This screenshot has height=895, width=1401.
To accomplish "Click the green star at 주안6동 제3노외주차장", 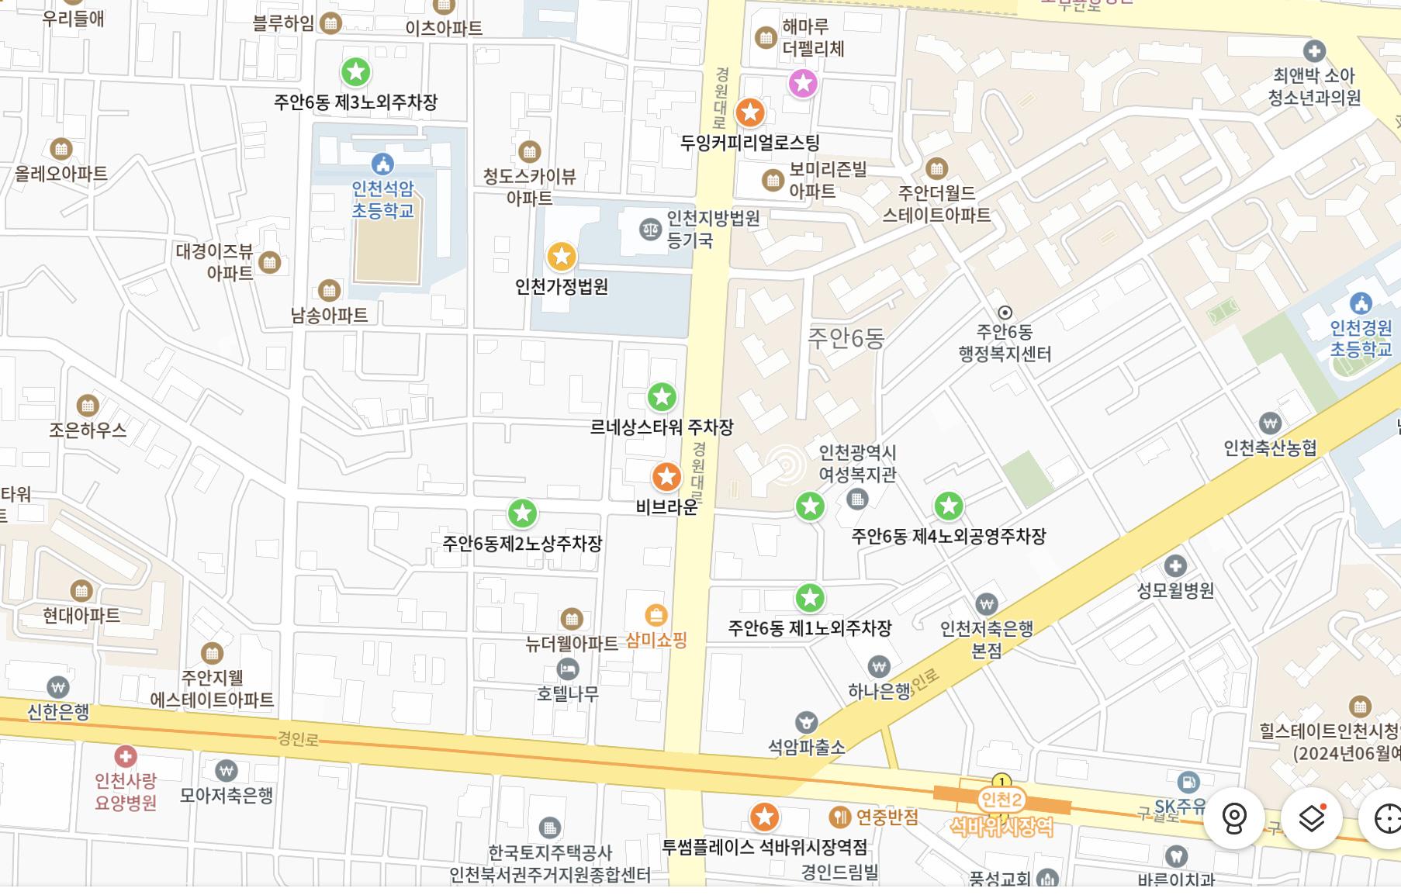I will (x=356, y=72).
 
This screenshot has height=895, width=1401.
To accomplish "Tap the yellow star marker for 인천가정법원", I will (x=561, y=256).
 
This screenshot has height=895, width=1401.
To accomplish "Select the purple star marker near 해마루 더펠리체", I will (x=803, y=83).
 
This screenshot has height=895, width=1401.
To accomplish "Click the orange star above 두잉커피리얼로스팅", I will (x=749, y=113).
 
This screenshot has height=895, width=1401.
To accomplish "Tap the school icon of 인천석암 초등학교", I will (x=382, y=164).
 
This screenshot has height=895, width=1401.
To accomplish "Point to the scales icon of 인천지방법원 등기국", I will (x=649, y=229).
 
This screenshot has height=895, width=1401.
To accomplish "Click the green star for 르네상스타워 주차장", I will (x=662, y=397).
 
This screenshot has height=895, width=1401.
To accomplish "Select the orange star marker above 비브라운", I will (x=666, y=477).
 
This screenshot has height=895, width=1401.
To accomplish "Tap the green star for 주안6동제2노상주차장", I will (x=522, y=513).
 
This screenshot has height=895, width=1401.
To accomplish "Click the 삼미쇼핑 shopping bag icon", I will (x=656, y=616).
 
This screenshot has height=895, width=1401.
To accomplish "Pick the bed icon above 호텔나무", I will (x=568, y=669).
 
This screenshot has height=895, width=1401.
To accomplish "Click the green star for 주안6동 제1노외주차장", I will (x=810, y=598).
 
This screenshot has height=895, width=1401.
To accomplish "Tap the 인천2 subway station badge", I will (x=1001, y=800).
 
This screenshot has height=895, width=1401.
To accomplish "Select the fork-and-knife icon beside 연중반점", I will (x=840, y=817).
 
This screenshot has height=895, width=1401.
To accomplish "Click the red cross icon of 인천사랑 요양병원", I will (x=125, y=756).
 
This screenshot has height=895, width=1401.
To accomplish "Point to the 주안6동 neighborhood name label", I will (x=846, y=338).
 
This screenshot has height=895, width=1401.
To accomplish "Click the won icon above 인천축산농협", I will (x=1270, y=423).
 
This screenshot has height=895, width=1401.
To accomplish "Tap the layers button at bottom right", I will (x=1311, y=818).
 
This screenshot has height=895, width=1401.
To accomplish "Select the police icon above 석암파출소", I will (x=806, y=723).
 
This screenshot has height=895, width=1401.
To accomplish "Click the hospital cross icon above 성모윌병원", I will (x=1175, y=565).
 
